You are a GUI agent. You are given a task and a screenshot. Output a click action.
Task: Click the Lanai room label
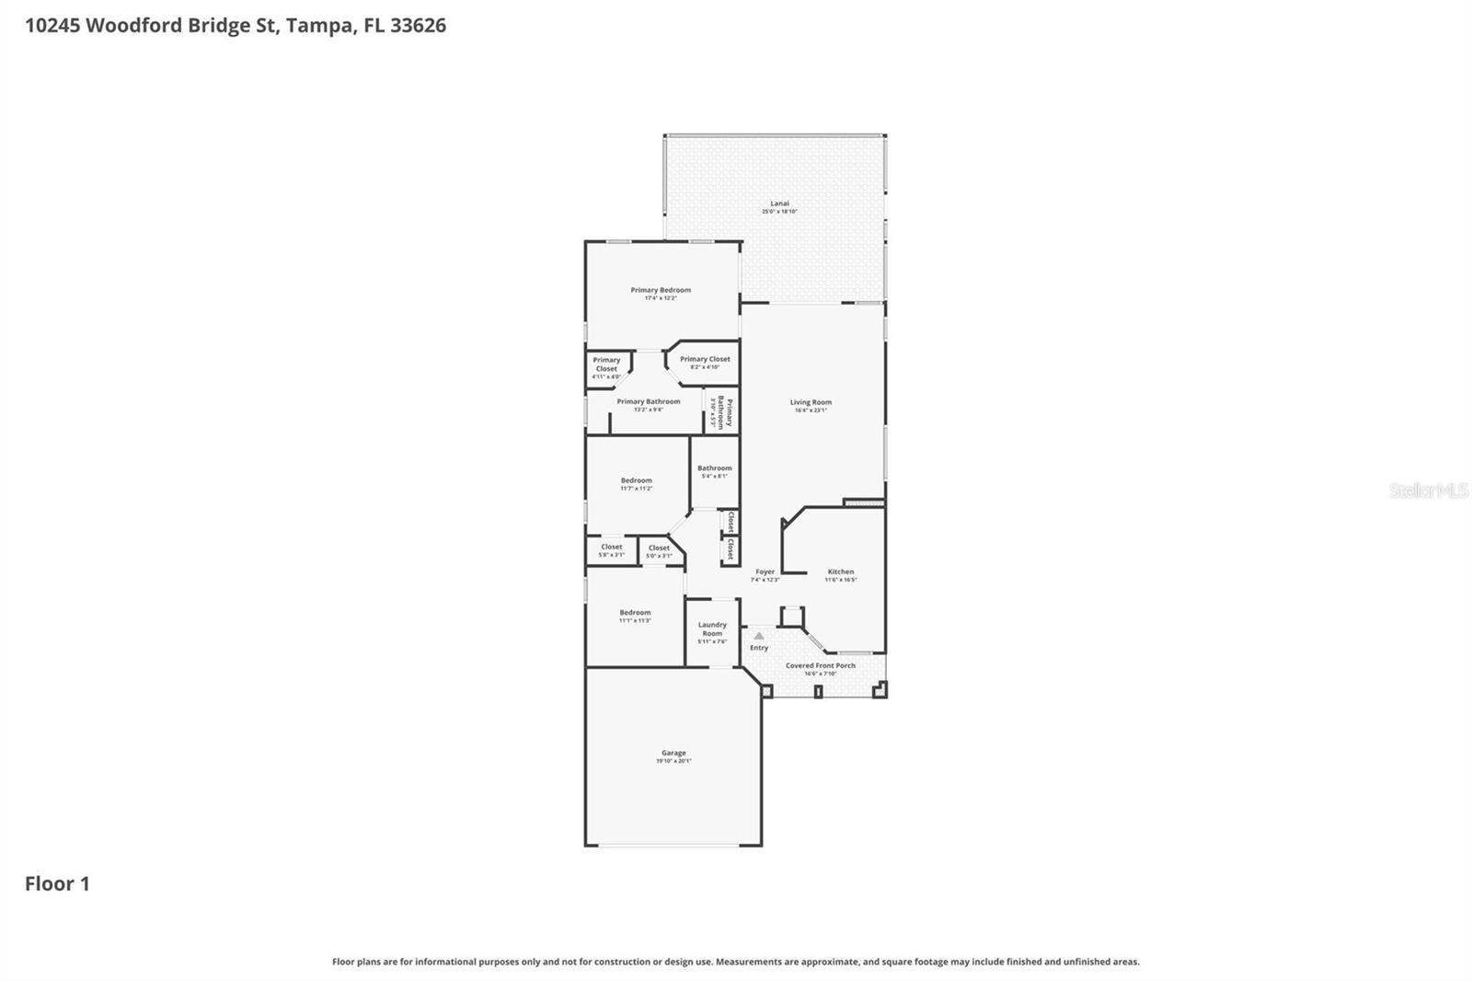point(779,203)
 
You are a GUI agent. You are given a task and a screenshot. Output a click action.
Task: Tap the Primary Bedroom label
point(661,290)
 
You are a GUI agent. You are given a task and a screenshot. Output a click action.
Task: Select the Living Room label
point(811,402)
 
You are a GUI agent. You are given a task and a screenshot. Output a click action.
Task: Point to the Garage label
point(673,753)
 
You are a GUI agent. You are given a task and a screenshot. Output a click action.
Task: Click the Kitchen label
point(840,571)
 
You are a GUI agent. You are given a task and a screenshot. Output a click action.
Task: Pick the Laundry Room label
point(712,629)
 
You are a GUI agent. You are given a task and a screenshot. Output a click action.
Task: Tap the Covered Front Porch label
point(820,665)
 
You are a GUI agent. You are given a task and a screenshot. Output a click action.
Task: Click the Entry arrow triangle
point(759,636)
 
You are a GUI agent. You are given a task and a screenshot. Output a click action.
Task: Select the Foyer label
point(765,571)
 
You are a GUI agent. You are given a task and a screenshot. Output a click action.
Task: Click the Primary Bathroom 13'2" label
point(649,402)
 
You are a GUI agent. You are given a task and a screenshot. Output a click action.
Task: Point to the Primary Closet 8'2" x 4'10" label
point(705,360)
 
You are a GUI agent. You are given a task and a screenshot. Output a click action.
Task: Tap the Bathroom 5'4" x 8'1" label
point(715,468)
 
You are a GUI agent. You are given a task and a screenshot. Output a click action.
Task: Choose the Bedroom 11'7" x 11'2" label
point(636,480)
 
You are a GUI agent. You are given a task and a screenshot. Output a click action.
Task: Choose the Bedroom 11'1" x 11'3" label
point(635,613)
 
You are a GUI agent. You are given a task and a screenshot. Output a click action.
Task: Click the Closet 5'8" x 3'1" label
point(611,548)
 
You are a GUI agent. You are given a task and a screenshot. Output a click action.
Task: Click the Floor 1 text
point(57,883)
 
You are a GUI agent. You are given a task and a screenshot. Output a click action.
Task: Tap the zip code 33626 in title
point(418,25)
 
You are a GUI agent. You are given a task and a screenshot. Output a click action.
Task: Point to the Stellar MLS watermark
point(1428,490)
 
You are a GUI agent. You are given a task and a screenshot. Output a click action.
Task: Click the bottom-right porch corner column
point(880,689)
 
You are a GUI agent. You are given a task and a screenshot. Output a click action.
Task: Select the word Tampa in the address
point(318,25)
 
